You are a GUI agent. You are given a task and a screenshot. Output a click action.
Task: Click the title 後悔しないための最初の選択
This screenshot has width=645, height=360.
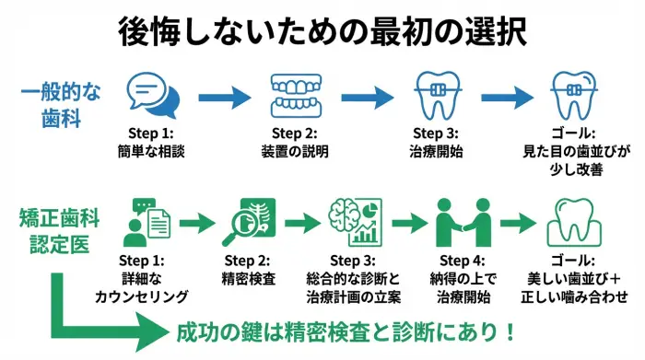(x=322, y=29)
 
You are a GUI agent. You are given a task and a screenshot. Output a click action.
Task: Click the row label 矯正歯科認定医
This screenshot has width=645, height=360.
(x=59, y=231)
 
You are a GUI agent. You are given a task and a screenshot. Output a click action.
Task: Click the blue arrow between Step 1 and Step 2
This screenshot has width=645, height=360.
(x=225, y=96)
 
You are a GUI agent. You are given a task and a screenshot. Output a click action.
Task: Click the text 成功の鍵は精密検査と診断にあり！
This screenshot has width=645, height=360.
(x=345, y=331)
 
